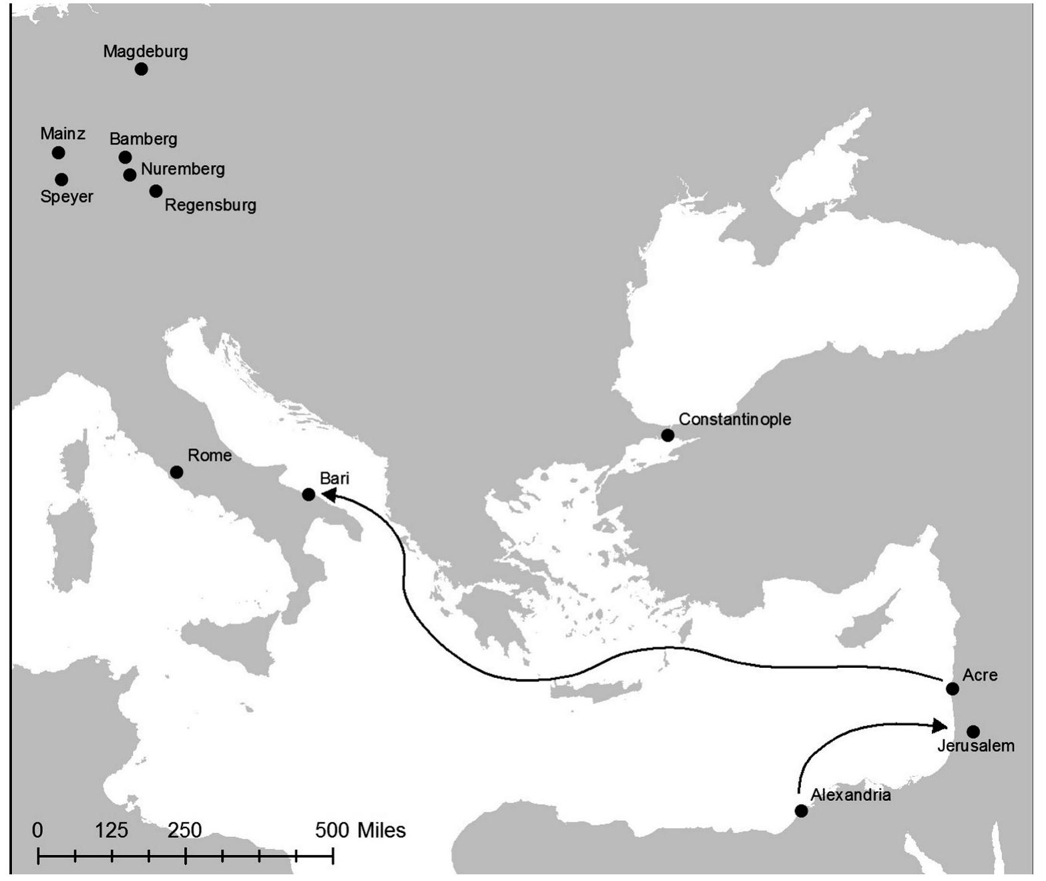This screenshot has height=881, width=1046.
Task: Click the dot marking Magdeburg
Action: pos(141,69)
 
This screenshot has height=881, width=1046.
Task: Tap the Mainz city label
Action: pos(63,134)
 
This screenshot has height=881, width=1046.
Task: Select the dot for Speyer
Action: pos(61,180)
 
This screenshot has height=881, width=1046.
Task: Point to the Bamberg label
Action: pos(144,139)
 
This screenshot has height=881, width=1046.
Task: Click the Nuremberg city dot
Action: pos(130,175)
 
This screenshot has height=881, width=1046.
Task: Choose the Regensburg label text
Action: pos(210,205)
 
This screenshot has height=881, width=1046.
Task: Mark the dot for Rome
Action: pos(176,472)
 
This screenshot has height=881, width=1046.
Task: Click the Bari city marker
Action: pos(308,495)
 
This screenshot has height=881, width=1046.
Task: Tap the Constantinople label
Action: pos(735,419)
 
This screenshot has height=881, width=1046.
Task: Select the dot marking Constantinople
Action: pos(668,435)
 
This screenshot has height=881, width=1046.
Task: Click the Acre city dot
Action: pos(953,689)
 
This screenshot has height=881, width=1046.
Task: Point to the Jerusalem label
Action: pos(976,746)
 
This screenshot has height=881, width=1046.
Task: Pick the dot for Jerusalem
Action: pos(973,731)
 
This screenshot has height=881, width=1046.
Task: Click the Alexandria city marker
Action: pos(801,811)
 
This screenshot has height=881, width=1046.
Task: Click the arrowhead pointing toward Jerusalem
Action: pos(940,725)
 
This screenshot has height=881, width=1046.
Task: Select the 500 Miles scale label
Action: pos(360,830)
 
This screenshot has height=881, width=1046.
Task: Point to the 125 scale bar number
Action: pos(111,830)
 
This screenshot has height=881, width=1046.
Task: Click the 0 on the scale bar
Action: pos(38,830)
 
